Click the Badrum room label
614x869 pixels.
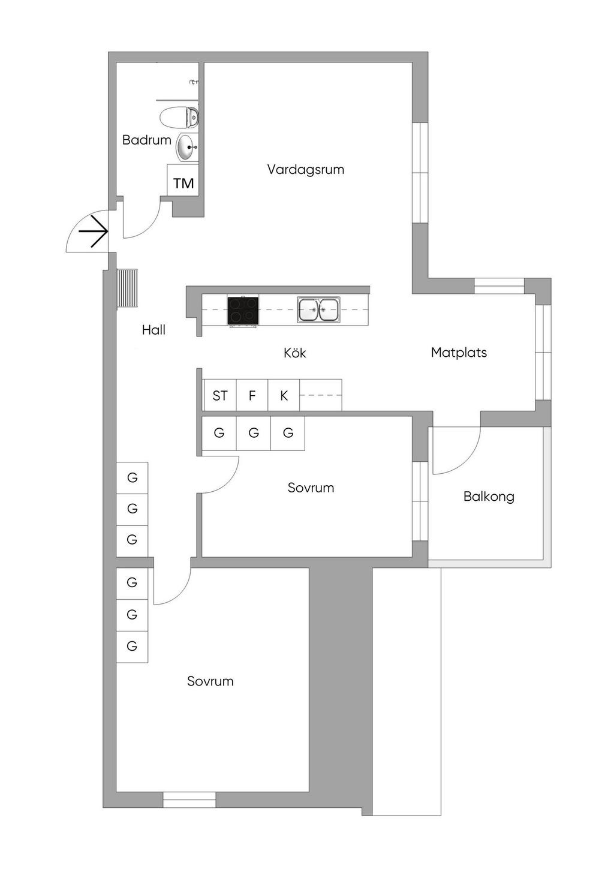[x=146, y=140]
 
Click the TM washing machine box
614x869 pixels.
[x=183, y=182]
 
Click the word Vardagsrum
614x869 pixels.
[x=305, y=169]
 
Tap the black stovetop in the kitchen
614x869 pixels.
[x=243, y=311]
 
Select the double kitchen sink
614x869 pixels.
[x=318, y=310]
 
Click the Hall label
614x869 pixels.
[x=153, y=329]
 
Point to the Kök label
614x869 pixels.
[x=294, y=353]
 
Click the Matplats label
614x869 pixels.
[x=459, y=353]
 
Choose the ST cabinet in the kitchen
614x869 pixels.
[x=219, y=396]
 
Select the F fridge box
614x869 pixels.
[x=252, y=396]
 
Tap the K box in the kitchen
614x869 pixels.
[x=284, y=396]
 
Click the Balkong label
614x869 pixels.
[x=489, y=497]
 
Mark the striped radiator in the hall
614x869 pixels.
[x=127, y=288]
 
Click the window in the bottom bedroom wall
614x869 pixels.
[x=189, y=799]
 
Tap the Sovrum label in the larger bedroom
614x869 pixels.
[x=210, y=681]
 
